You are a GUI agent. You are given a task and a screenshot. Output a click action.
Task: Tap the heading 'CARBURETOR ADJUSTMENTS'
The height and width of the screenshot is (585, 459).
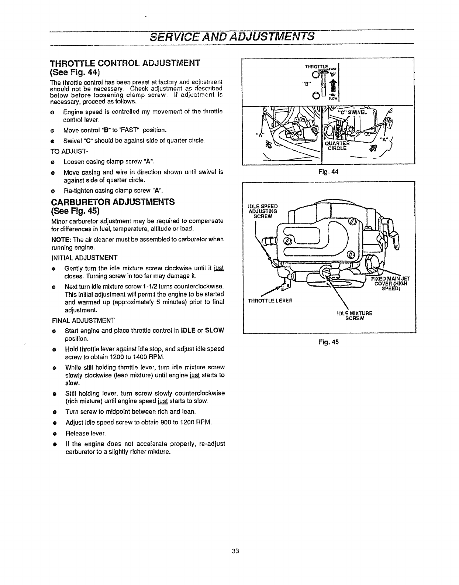(112, 202)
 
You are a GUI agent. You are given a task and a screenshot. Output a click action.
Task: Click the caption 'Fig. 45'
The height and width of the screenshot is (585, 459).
(329, 342)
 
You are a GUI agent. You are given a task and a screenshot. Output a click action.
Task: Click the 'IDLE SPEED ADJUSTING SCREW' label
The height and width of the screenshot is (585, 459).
(263, 211)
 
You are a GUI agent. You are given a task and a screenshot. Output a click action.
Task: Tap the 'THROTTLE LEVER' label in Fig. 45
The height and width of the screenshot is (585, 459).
(270, 300)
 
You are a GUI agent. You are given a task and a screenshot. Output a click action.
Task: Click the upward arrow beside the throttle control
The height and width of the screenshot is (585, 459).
(334, 86)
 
